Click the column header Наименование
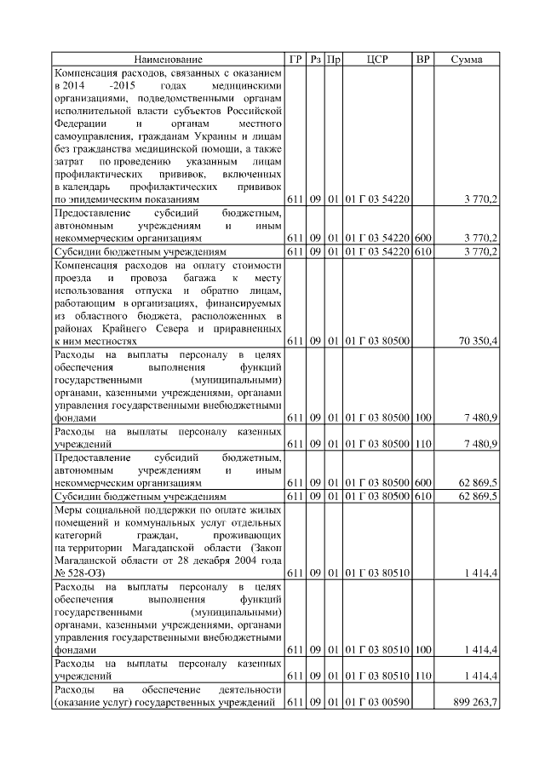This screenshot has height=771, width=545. pyautogui.click(x=168, y=59)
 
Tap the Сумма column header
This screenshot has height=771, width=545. pyautogui.click(x=467, y=59)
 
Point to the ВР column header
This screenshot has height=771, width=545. pyautogui.click(x=422, y=59)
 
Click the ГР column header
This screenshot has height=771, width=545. pyautogui.click(x=295, y=59)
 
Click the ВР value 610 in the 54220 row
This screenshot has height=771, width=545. pyautogui.click(x=422, y=252)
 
